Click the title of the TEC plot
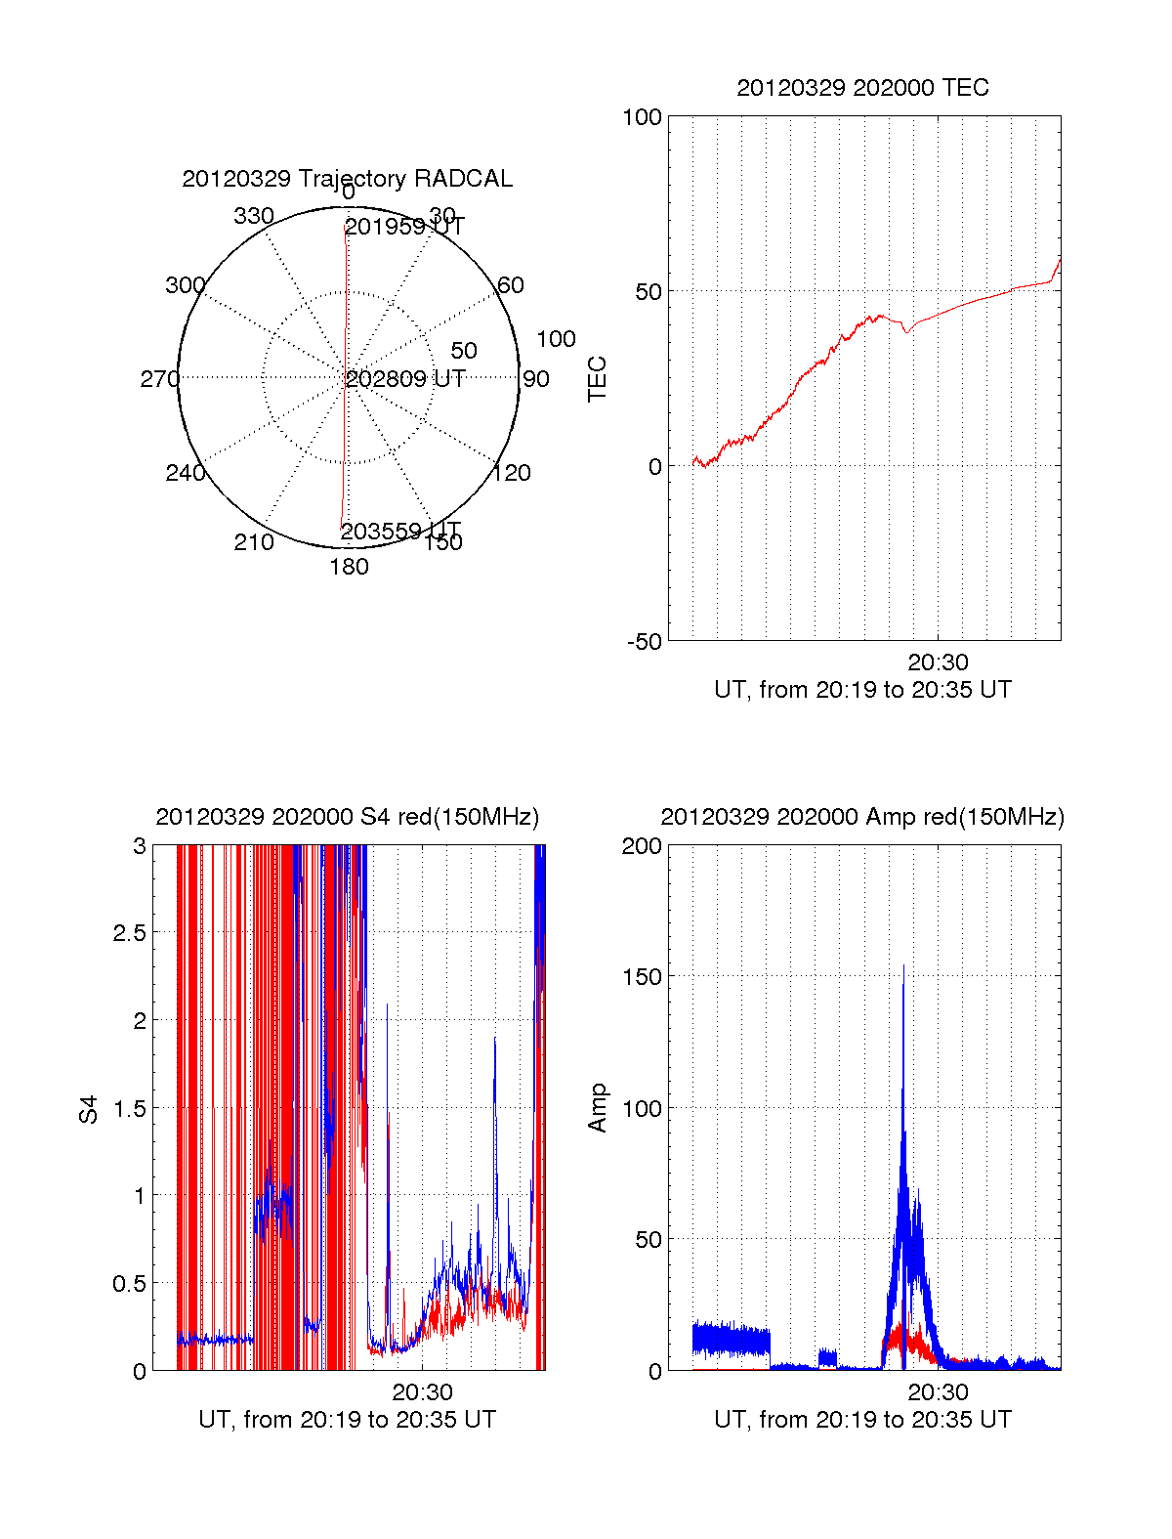[862, 88]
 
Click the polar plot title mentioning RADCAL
[347, 179]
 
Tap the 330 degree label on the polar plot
[254, 216]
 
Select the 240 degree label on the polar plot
[186, 473]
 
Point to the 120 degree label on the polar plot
[512, 473]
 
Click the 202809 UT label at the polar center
[405, 379]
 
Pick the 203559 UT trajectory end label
[400, 531]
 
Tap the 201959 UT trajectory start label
[404, 227]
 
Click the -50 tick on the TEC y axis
[645, 642]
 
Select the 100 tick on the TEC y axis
[643, 117]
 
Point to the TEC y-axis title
[598, 379]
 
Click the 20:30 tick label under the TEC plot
[938, 663]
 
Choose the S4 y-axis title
[89, 1109]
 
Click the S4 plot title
[347, 817]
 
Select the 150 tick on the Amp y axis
[643, 977]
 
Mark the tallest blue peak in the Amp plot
[903, 967]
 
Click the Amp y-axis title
[598, 1108]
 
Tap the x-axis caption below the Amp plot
[862, 1420]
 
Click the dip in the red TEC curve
[906, 331]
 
